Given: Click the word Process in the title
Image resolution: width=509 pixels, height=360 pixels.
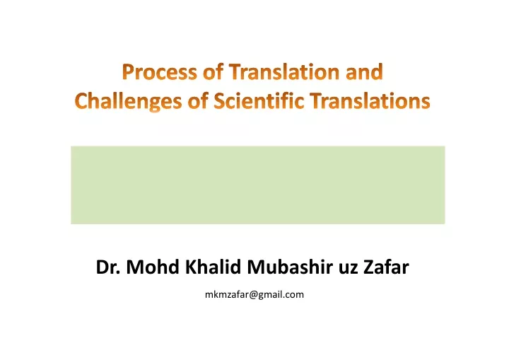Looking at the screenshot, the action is pos(159,72).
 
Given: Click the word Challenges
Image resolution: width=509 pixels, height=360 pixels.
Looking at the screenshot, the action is pos(128,100).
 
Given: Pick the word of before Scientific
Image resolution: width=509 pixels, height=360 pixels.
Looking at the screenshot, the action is pos(198,100).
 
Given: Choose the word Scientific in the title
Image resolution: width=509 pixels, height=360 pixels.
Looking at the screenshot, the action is pos(259,100).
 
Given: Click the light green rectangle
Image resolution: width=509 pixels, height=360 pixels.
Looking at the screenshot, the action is pos(258,185).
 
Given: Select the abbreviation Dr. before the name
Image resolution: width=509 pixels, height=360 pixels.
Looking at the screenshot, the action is pos(108,267).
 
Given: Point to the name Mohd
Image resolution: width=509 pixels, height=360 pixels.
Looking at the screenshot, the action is pos(153,267).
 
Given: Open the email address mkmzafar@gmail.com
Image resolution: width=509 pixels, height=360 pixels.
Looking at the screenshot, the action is pos(255,295).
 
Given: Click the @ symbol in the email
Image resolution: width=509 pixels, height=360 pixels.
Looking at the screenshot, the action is pos(254,295).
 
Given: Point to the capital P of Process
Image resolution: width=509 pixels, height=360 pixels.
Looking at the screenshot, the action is pos(128,72).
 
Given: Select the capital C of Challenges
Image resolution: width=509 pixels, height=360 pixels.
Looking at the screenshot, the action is pos(81,100).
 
